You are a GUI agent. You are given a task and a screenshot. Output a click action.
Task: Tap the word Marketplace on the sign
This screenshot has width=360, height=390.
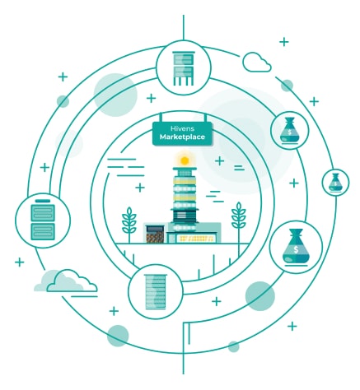pos(182,137)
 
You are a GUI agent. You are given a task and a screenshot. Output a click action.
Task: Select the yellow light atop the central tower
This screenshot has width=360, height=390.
pos(185,160)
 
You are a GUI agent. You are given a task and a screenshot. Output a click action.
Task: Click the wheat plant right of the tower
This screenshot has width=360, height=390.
pos(239,222)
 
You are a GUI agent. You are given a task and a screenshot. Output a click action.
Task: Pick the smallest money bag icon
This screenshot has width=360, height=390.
pos(335,183)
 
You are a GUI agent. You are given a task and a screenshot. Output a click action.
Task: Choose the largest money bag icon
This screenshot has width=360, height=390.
pos(296,248)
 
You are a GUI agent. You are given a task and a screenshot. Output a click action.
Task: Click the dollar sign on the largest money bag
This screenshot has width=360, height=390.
pos(296,249)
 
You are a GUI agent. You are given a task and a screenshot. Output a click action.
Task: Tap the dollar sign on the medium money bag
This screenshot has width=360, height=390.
pos(290,132)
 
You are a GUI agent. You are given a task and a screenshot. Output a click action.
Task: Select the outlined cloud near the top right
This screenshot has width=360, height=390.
pos(257,63)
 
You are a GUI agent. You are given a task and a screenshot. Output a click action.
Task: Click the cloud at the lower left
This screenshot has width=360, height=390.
pos(66,281)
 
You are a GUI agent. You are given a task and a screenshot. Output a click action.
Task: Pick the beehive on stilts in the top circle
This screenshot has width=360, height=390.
pos(184,68)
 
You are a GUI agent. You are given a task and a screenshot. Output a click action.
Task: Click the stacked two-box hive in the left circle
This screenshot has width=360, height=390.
pos(43,220)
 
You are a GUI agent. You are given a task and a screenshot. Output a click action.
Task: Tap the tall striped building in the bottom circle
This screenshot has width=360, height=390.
pos(156,292)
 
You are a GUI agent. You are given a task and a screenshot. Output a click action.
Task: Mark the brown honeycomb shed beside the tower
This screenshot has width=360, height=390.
pos(155,234)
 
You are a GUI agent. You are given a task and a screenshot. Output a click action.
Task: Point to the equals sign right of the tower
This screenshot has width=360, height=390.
pos(239,168)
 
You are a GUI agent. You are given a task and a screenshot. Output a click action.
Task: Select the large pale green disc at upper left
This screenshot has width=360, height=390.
pos(115,95)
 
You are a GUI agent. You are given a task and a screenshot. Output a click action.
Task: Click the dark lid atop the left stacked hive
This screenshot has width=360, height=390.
pos(43,201)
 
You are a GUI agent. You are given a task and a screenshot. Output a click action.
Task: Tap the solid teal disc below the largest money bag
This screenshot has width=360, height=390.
pos(260,296)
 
